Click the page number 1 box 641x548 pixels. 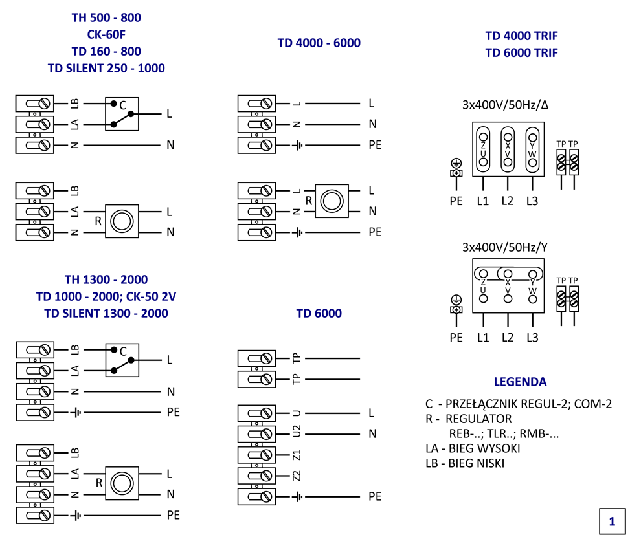[612, 521]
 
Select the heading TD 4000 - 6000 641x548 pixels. [319, 43]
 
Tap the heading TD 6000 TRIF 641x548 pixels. [521, 53]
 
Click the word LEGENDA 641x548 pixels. [520, 382]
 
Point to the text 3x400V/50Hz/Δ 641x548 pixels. [506, 104]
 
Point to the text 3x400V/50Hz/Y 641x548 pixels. [506, 247]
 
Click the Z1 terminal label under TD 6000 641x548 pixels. [297, 454]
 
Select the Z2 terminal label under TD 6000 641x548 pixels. [297, 476]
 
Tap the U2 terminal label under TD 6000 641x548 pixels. [297, 433]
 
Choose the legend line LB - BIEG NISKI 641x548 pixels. [464, 463]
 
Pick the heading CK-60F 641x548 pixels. [106, 34]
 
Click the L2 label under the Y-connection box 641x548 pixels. [508, 337]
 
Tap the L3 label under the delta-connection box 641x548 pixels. [532, 201]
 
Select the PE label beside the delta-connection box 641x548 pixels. [456, 201]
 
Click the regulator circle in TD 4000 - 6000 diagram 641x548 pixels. [332, 201]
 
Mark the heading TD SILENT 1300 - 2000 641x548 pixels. [106, 313]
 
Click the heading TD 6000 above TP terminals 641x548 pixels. [319, 313]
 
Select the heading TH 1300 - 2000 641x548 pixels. [106, 280]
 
